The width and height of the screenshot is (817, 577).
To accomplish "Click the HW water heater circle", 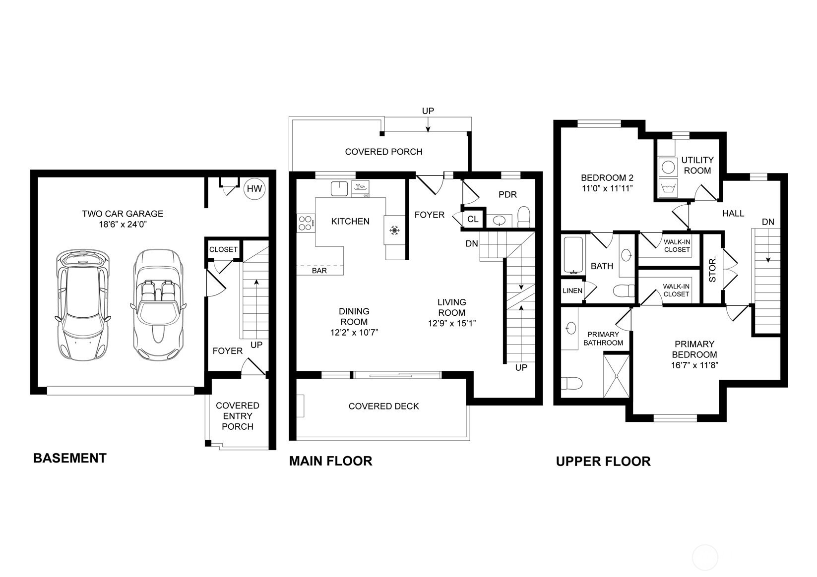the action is pyautogui.click(x=254, y=188).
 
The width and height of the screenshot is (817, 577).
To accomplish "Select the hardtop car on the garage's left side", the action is pyautogui.click(x=83, y=305).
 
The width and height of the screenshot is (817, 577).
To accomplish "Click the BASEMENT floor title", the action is pyautogui.click(x=69, y=458).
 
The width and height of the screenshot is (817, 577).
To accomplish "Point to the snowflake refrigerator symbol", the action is pyautogui.click(x=394, y=230).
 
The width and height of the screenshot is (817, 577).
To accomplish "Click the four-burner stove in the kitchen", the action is pyautogui.click(x=306, y=223).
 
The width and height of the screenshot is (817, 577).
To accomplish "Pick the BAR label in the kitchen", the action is pyautogui.click(x=319, y=271).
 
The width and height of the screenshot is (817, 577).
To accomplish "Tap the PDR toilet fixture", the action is pyautogui.click(x=524, y=217).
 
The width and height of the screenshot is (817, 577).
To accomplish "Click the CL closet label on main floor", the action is pyautogui.click(x=473, y=219).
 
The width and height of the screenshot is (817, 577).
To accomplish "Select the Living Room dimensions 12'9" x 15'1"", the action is pyautogui.click(x=452, y=323).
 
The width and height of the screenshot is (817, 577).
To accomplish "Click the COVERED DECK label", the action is pyautogui.click(x=384, y=406).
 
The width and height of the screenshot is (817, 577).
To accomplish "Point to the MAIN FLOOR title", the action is pyautogui.click(x=330, y=461).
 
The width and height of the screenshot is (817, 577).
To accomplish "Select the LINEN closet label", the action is pyautogui.click(x=572, y=290).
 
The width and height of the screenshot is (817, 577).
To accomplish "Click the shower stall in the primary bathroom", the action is pyautogui.click(x=617, y=375).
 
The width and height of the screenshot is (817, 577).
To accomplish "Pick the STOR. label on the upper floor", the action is pyautogui.click(x=712, y=269).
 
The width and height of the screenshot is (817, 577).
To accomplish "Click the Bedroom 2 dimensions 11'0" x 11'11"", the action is pyautogui.click(x=607, y=188).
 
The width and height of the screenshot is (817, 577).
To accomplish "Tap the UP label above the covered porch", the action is pyautogui.click(x=428, y=111).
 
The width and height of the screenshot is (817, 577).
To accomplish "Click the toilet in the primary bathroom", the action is pyautogui.click(x=571, y=383).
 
